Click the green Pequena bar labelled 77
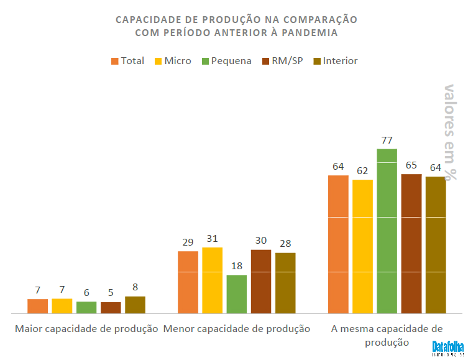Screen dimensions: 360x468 387,231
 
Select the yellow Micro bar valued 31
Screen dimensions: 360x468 212,280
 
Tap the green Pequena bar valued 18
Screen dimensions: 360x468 236,293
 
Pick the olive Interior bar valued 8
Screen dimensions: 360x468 135,305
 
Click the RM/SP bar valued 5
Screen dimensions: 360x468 111,307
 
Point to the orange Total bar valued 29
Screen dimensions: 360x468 188,282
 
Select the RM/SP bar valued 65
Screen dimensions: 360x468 411,243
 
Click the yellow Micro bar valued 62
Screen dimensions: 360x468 362,246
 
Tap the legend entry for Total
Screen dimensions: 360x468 127,61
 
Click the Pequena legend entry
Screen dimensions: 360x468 225,61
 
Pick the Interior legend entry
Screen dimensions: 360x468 334,61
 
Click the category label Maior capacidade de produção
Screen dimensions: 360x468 86,329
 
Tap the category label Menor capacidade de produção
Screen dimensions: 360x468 236,329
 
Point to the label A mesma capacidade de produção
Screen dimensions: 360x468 387,335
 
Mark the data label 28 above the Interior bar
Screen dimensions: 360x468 285,244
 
